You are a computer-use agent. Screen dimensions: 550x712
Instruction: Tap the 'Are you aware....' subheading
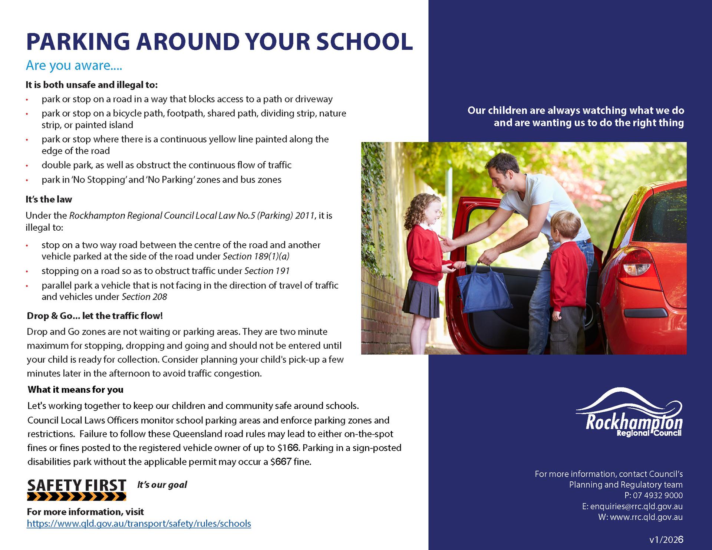point(74,66)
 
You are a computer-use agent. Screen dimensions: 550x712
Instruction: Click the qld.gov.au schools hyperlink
point(139,524)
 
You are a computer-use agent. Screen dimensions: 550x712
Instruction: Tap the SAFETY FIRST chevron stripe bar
point(76,497)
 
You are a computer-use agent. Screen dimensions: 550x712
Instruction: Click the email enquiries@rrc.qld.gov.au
point(636,506)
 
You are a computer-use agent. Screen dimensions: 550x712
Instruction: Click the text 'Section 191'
point(267,271)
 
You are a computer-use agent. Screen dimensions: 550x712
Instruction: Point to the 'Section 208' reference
point(144,297)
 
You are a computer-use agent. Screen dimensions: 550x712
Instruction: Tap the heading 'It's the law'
point(49,200)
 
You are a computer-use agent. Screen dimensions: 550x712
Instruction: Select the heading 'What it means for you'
point(75,390)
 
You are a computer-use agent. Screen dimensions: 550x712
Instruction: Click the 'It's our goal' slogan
point(162,485)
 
